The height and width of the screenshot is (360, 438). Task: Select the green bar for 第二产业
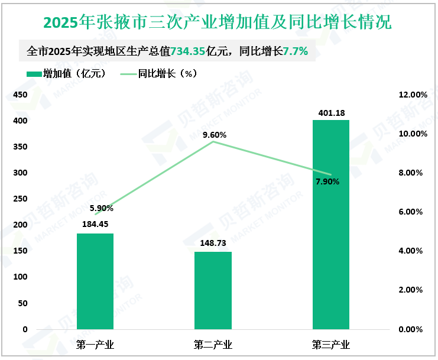click(x=213, y=290)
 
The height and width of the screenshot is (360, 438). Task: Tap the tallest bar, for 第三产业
click(x=331, y=225)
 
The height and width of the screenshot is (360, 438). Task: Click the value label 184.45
click(x=95, y=224)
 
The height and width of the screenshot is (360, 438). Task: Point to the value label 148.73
click(x=213, y=243)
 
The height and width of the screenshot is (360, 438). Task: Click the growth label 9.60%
click(x=214, y=135)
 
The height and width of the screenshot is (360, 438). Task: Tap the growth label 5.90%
click(x=101, y=208)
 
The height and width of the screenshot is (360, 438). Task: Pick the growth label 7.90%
click(x=327, y=181)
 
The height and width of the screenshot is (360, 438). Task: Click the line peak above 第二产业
click(x=213, y=142)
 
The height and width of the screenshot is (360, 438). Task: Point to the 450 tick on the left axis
click(x=20, y=95)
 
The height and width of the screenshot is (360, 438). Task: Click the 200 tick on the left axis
click(x=20, y=225)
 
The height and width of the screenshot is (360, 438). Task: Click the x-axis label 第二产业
click(x=213, y=345)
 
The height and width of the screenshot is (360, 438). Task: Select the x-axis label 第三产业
click(x=331, y=345)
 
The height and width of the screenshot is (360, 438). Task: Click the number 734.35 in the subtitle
click(x=187, y=51)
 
